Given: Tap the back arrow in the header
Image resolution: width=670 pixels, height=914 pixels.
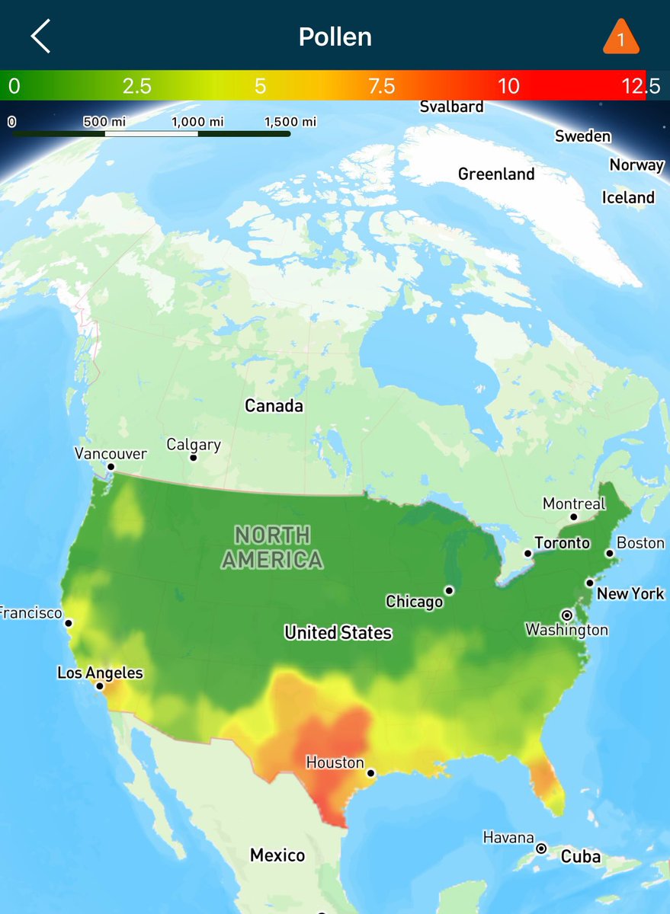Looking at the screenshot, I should [40, 37].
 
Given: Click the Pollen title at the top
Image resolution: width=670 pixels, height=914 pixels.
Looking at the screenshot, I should [335, 37].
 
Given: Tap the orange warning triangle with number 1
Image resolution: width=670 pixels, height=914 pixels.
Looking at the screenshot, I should [620, 38].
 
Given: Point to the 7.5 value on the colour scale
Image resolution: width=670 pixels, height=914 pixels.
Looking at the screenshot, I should [381, 86].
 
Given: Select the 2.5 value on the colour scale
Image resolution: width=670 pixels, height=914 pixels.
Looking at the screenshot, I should [137, 86].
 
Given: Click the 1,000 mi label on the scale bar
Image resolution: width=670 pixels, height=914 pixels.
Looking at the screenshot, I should [197, 122].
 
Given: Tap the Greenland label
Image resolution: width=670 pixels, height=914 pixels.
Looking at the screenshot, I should [496, 174].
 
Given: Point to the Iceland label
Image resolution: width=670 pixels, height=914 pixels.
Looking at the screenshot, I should [628, 198].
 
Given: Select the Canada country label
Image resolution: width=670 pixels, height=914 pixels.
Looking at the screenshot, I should [274, 406].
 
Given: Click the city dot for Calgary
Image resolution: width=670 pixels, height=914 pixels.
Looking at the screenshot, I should [193, 458].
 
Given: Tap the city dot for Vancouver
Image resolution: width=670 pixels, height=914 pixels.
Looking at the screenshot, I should [111, 467].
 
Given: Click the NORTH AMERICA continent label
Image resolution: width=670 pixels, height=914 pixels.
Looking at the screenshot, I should [272, 548].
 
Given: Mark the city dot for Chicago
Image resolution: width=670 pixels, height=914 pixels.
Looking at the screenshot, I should [450, 590].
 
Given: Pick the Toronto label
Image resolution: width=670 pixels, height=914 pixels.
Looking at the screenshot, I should [562, 543].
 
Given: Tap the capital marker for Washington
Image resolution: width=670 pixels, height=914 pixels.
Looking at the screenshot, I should [566, 615].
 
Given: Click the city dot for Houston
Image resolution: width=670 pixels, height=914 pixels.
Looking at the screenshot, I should [370, 773].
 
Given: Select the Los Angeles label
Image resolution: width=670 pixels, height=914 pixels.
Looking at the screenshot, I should [100, 673].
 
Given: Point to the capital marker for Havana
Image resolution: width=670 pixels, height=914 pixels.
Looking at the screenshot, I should [541, 848].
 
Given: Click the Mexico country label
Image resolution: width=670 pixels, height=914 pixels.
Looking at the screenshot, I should [277, 855].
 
